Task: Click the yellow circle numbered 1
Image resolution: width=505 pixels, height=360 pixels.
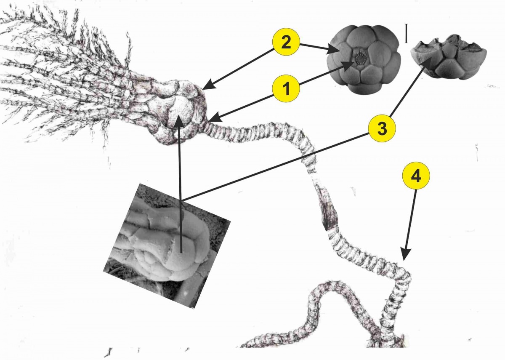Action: (286, 88)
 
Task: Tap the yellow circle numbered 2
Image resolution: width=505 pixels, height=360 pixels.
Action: (286, 42)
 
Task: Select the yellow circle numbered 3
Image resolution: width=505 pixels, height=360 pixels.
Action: (382, 128)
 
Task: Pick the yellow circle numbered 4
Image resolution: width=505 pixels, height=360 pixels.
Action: (416, 176)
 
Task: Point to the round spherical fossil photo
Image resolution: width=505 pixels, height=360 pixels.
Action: (364, 59)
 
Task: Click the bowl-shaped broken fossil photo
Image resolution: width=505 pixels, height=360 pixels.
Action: (448, 57)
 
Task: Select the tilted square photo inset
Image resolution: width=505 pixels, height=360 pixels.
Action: (167, 246)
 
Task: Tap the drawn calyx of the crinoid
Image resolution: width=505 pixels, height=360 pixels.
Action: (178, 110)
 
